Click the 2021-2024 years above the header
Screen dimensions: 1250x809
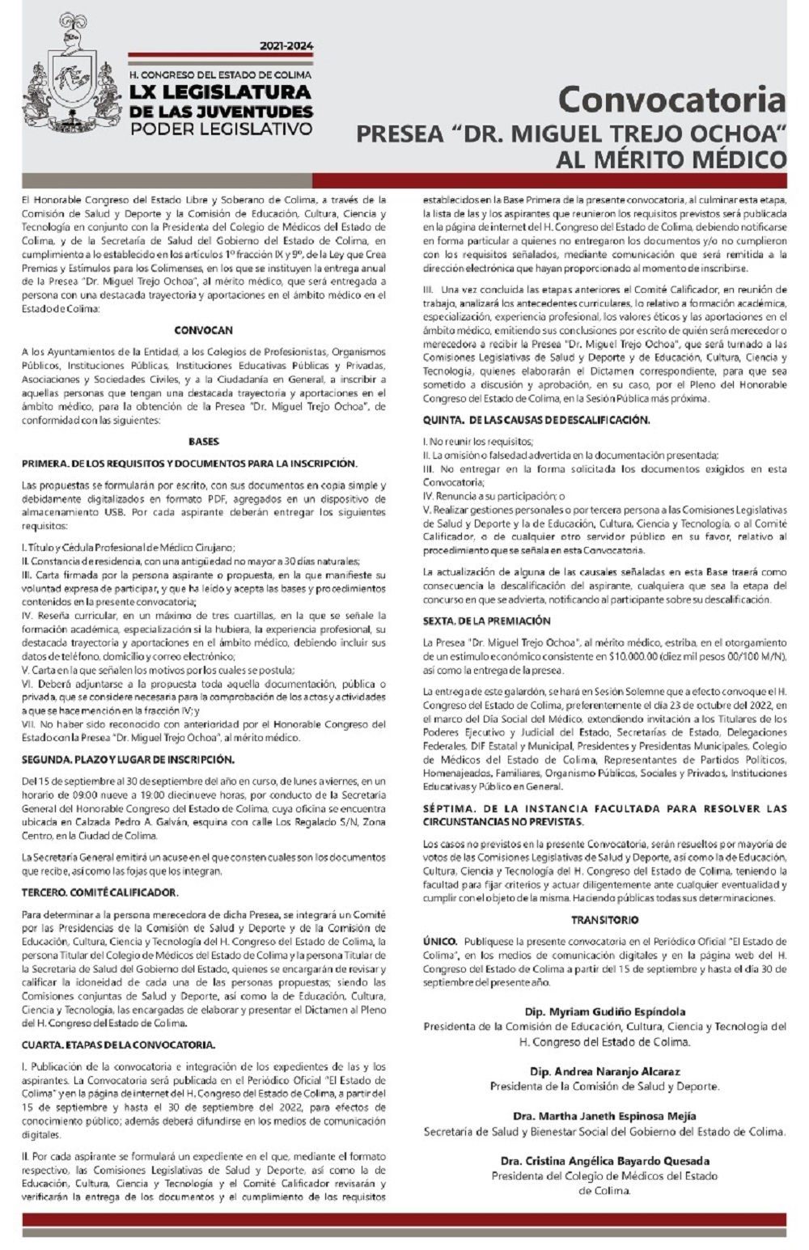coord(286,46)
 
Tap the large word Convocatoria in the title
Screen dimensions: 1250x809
coord(671,100)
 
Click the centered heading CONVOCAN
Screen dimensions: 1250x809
coord(203,330)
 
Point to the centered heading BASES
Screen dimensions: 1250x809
coord(203,442)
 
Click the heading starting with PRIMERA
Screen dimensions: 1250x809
coord(189,464)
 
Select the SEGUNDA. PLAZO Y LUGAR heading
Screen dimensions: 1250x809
coord(128,760)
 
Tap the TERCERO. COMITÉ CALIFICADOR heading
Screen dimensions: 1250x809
coord(100,892)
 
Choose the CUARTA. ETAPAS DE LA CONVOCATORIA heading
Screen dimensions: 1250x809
coord(118,1044)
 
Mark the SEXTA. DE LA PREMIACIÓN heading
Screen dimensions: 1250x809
coord(486,621)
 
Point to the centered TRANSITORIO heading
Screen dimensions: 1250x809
coord(604,920)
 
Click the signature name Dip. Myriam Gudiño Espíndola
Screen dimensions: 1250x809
coord(604,1011)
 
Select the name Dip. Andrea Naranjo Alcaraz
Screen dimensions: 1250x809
coord(604,1071)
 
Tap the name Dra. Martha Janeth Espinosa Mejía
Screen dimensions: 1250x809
coord(604,1117)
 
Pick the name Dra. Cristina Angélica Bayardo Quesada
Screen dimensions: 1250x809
coord(604,1161)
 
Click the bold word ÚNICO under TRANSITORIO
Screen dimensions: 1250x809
coord(439,942)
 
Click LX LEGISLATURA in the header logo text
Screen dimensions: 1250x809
coord(220,93)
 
